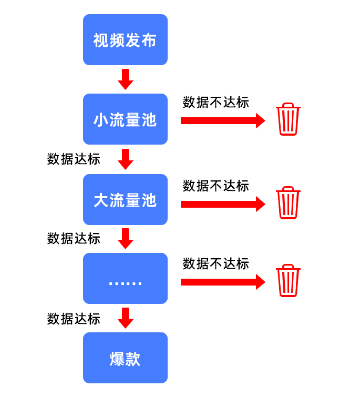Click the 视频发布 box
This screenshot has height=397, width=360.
coord(125,40)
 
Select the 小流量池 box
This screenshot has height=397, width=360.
coord(125,119)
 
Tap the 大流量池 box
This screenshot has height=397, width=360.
coord(125,200)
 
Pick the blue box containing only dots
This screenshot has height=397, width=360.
coord(125,279)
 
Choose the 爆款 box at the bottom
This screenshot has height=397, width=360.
coord(125,358)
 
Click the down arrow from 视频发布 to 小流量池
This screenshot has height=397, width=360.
coord(125,79)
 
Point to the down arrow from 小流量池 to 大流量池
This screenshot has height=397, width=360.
coord(125,159)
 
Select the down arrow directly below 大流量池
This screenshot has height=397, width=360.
coord(125,239)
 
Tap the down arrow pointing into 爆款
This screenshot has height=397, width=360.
coord(125,318)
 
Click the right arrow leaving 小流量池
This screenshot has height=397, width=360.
coord(223,120)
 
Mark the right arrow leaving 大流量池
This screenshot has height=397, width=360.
coord(223,204)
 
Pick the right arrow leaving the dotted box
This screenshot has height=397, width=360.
coord(223,282)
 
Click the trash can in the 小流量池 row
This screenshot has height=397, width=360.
coord(288,119)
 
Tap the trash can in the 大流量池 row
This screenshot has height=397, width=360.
coord(288,202)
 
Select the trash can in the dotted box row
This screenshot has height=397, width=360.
coord(288,281)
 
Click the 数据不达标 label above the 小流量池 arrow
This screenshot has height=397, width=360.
coord(215,103)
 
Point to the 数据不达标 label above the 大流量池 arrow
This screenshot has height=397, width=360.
coord(215,186)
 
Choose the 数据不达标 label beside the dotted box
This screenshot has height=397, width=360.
coord(215,264)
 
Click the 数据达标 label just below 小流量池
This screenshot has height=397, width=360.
coord(74,159)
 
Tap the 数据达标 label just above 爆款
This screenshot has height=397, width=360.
coord(74,319)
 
